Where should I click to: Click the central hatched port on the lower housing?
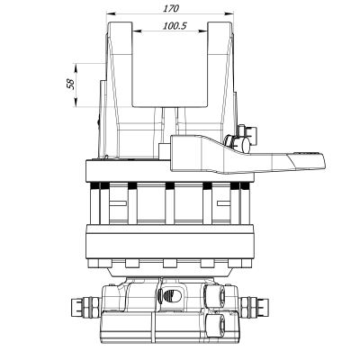168,295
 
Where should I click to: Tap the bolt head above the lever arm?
241,139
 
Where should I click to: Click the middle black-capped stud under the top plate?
168,186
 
